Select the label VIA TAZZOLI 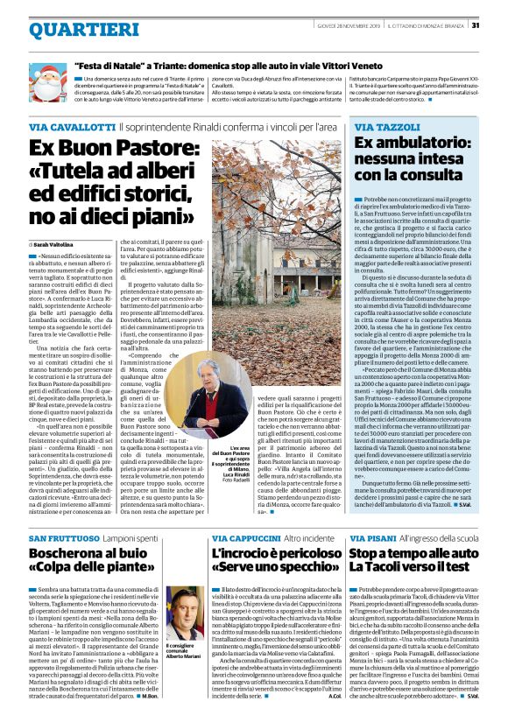[385, 127]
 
